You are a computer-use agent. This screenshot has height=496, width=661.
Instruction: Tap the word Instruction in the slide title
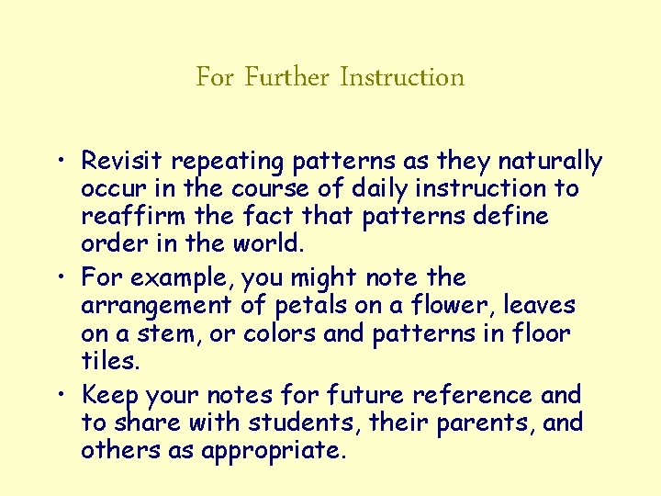[x=402, y=77]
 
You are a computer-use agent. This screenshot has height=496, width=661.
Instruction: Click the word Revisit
[x=122, y=162]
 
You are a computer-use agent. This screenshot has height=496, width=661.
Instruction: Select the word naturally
[x=550, y=163]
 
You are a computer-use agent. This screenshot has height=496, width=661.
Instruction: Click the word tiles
[x=111, y=361]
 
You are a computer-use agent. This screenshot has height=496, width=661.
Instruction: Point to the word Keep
[x=109, y=396]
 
